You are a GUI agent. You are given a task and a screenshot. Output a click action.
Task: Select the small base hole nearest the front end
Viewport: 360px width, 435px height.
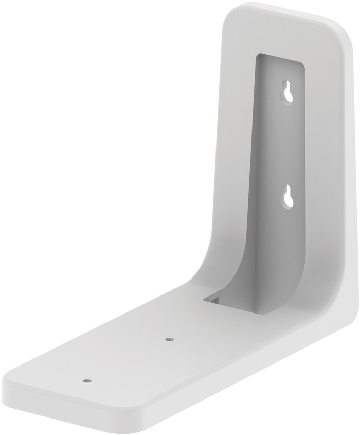86,380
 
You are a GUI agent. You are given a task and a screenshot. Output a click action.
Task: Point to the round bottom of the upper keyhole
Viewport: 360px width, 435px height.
288,96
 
